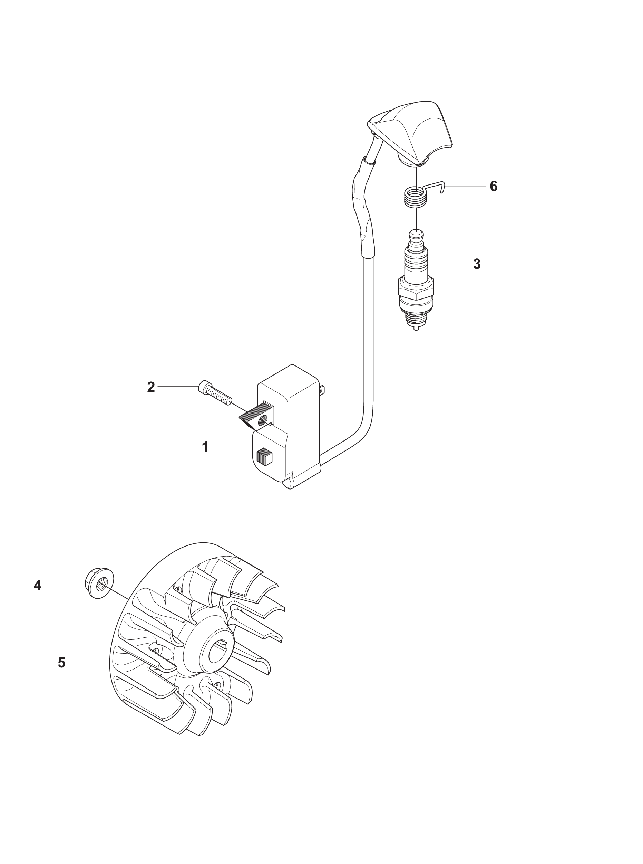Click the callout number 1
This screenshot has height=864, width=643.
(x=205, y=447)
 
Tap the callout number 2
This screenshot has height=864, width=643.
(x=151, y=387)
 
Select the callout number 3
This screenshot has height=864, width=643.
(x=477, y=264)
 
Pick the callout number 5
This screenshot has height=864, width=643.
(x=61, y=663)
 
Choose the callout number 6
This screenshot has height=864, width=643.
(x=494, y=187)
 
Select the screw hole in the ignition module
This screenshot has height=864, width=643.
(x=263, y=420)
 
